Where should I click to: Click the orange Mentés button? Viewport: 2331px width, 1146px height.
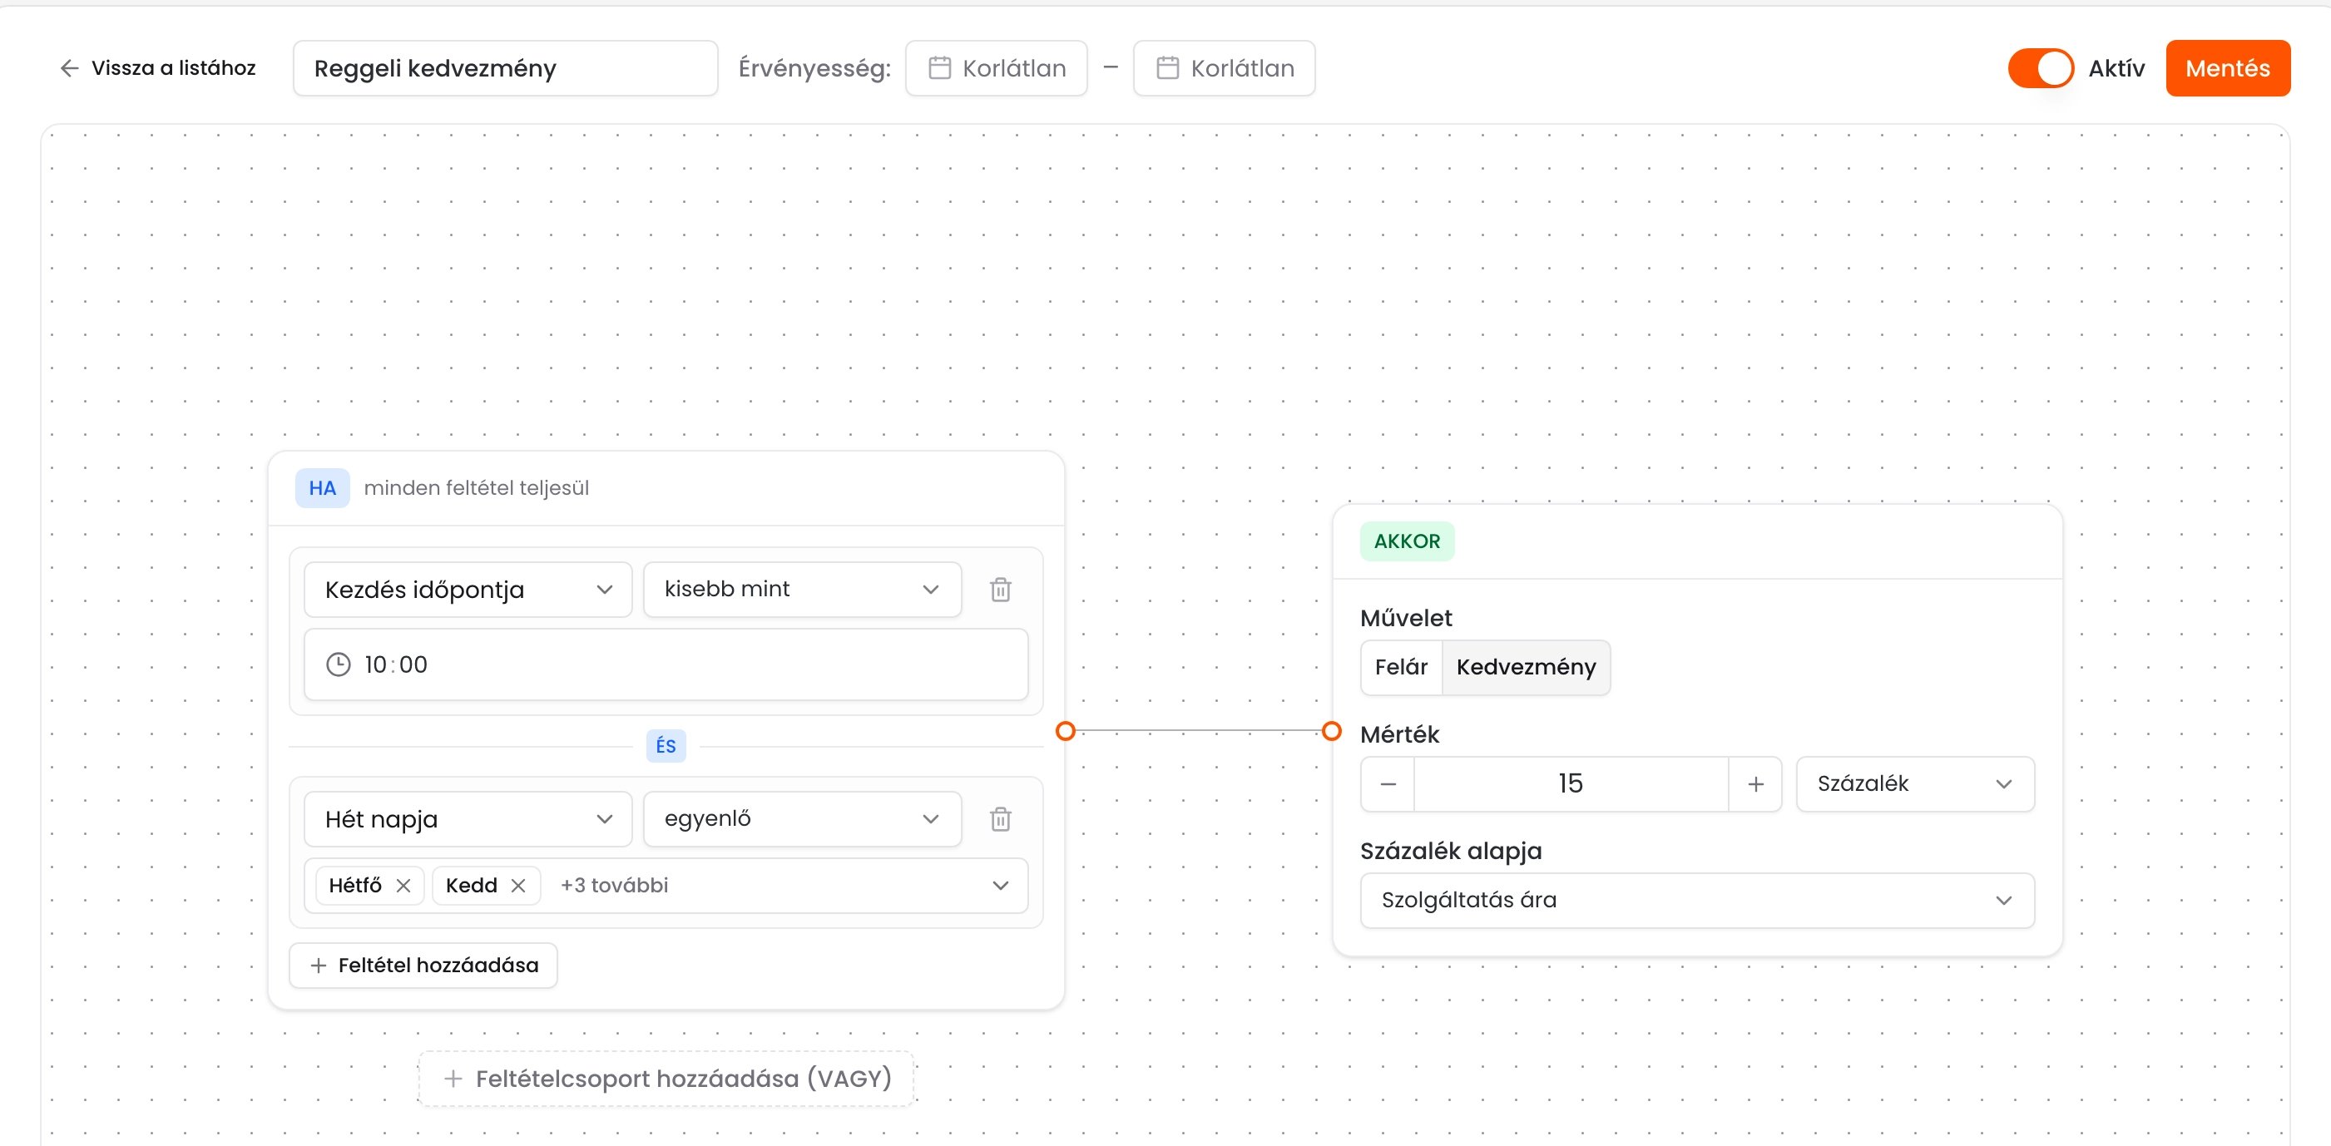pyautogui.click(x=2227, y=68)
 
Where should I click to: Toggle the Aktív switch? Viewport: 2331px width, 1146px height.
pyautogui.click(x=2040, y=68)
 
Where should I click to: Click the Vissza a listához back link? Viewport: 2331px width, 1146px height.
pyautogui.click(x=157, y=68)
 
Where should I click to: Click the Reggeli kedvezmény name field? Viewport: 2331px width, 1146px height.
pyautogui.click(x=505, y=68)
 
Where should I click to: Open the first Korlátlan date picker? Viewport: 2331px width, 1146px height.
pyautogui.click(x=997, y=68)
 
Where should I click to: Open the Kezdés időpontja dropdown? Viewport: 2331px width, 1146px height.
pyautogui.click(x=468, y=590)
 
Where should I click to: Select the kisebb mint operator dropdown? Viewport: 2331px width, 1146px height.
pyautogui.click(x=802, y=590)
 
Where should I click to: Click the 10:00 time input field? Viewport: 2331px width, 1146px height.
pyautogui.click(x=666, y=664)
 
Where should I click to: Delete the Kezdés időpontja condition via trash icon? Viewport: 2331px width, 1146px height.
pyautogui.click(x=1000, y=590)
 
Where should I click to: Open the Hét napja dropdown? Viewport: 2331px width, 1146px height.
pyautogui.click(x=468, y=819)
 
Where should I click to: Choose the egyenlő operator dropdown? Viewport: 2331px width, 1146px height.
pyautogui.click(x=802, y=819)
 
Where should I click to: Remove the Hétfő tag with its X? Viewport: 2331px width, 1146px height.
pyautogui.click(x=403, y=886)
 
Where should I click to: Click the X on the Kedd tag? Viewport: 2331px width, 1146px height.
pyautogui.click(x=517, y=886)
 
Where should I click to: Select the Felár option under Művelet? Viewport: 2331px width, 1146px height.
pyautogui.click(x=1401, y=668)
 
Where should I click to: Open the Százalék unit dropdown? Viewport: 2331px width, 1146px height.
pyautogui.click(x=1915, y=784)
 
